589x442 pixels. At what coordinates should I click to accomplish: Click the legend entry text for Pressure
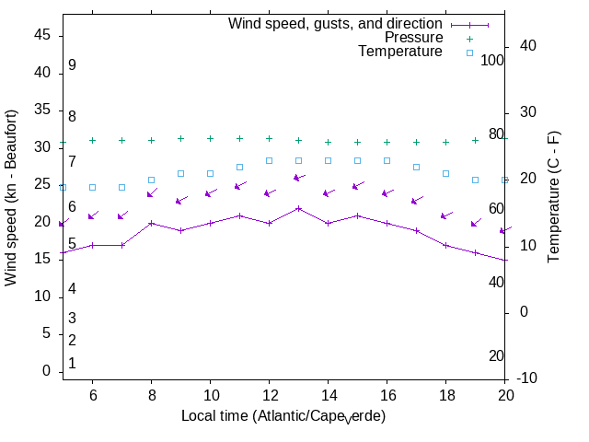(413, 38)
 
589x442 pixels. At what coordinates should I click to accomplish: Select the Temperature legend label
(400, 52)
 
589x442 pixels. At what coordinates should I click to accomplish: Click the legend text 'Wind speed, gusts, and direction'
(335, 23)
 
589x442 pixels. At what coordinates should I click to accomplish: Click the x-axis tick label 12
(269, 394)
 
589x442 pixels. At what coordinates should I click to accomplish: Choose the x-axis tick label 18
(445, 394)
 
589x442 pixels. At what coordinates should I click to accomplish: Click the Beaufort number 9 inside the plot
(72, 65)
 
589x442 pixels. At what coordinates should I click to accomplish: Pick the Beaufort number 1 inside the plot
(72, 364)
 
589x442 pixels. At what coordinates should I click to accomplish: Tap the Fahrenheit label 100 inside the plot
(493, 60)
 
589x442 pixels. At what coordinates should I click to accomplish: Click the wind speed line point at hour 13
(298, 208)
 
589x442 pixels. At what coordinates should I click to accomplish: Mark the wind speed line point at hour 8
(151, 223)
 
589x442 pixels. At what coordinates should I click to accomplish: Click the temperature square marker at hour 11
(239, 167)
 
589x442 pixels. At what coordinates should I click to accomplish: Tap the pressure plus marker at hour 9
(180, 139)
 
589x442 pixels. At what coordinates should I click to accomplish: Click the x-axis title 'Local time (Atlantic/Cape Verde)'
(283, 416)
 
